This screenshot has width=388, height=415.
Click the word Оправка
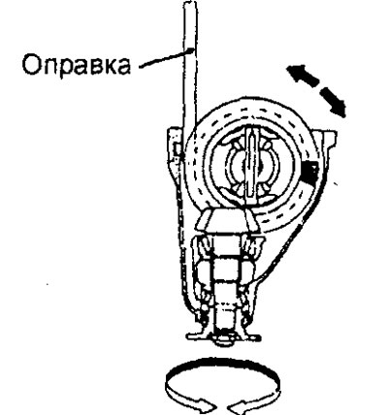click(x=77, y=64)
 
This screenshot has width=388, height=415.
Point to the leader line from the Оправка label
click(x=167, y=57)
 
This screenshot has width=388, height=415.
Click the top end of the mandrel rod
click(x=190, y=3)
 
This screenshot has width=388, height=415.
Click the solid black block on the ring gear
click(x=309, y=171)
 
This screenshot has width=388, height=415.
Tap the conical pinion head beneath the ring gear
click(x=227, y=220)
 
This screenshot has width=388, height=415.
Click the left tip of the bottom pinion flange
click(x=187, y=336)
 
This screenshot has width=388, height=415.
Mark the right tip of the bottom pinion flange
click(x=259, y=338)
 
